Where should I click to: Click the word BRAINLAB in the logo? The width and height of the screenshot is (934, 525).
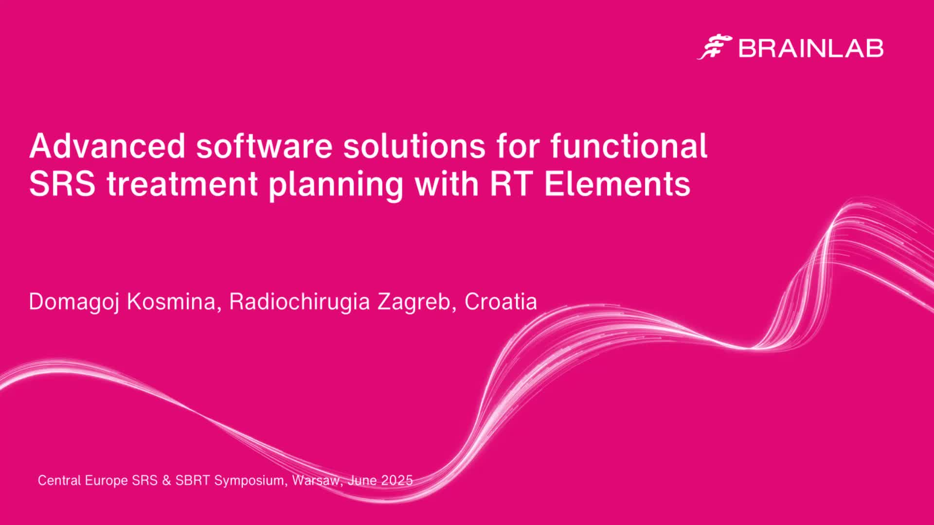click(811, 48)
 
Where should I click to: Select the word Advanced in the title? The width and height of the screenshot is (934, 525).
click(108, 146)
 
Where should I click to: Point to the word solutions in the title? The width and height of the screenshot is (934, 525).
click(415, 146)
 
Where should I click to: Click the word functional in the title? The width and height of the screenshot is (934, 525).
click(629, 146)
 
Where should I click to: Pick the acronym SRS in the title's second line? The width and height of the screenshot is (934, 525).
click(62, 184)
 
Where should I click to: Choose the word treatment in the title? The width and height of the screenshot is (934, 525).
click(182, 184)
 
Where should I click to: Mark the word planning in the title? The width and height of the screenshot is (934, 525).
click(336, 185)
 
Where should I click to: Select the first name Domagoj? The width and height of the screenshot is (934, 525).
click(74, 302)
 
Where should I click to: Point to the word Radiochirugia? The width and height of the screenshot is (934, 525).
click(300, 302)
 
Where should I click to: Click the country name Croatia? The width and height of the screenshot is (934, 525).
click(501, 301)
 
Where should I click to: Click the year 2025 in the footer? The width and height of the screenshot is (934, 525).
click(397, 480)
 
